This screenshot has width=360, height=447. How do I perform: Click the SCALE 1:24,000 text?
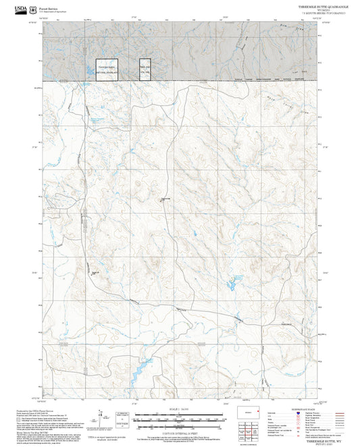tap(179, 410)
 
